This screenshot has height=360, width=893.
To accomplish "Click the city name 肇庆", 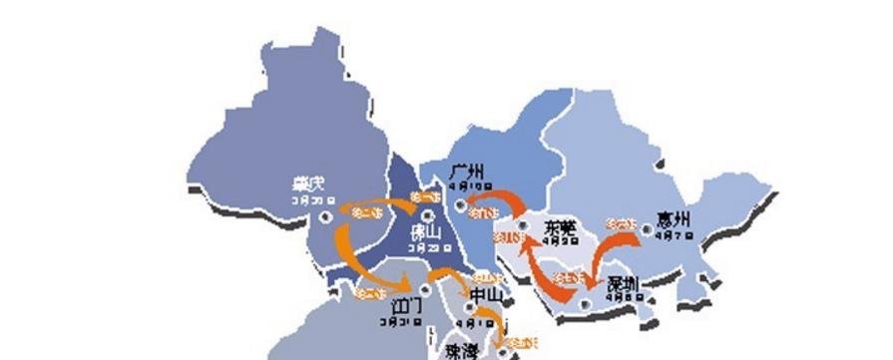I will point(308,184).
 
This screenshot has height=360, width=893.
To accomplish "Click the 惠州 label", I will point(675,219).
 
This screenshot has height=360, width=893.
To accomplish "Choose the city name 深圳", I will point(623,284).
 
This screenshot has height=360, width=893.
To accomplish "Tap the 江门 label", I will point(405,305).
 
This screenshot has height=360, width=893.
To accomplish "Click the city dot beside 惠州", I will point(647,230).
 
